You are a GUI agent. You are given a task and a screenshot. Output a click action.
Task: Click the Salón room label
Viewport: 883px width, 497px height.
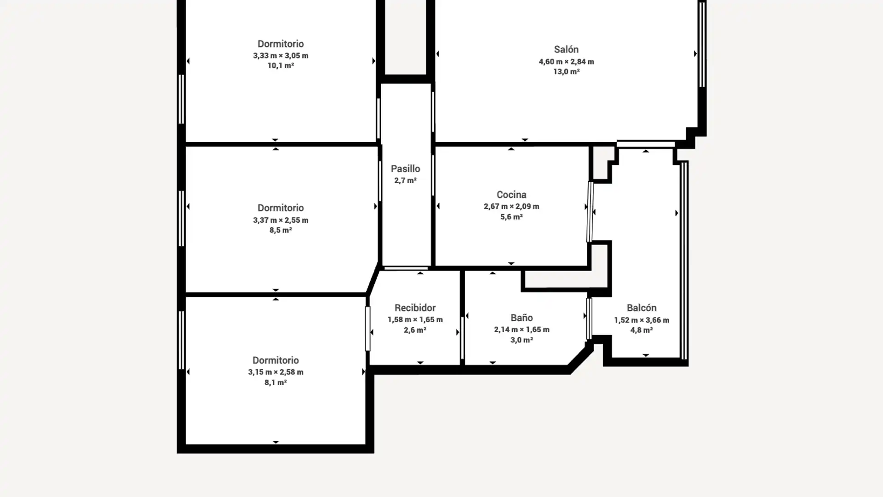tap(566, 49)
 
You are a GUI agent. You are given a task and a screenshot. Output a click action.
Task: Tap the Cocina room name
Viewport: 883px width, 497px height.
tap(511, 195)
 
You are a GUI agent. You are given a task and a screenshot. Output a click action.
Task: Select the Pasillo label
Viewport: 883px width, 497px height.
tap(405, 169)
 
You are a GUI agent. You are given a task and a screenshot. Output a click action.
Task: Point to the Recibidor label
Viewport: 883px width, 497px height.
tap(415, 308)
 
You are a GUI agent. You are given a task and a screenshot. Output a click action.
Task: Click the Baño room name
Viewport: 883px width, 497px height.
tap(522, 318)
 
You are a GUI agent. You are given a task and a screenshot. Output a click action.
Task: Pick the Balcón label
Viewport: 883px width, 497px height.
tap(642, 308)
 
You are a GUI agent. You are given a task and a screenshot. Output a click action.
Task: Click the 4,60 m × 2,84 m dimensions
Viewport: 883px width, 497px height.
tap(566, 62)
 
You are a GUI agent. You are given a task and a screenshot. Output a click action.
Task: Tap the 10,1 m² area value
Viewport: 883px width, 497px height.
tap(281, 66)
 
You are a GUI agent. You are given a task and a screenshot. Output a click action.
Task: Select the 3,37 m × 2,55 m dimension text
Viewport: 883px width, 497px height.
tap(281, 220)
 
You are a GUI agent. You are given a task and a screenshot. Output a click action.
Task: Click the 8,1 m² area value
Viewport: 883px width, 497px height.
tap(275, 382)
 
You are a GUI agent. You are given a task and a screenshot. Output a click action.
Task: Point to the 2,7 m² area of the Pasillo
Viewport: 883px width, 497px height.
tap(405, 180)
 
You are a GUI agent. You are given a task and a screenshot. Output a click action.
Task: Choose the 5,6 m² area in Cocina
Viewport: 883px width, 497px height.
tap(511, 217)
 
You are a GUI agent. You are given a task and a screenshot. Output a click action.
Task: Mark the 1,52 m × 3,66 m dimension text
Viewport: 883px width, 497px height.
tap(642, 320)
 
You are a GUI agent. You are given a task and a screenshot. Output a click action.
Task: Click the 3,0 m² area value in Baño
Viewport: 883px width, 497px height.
tap(522, 340)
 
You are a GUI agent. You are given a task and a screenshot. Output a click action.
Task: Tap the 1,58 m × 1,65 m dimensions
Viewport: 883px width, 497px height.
tap(415, 320)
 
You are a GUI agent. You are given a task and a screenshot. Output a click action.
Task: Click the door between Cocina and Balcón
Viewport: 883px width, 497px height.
tap(590, 212)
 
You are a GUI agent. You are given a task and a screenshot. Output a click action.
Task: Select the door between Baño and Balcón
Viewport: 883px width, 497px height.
tap(589, 318)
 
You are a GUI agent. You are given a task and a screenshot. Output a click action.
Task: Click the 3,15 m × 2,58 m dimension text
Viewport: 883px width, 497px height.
tap(275, 372)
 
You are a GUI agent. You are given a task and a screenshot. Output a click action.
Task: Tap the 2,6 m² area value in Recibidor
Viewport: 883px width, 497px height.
tap(415, 330)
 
